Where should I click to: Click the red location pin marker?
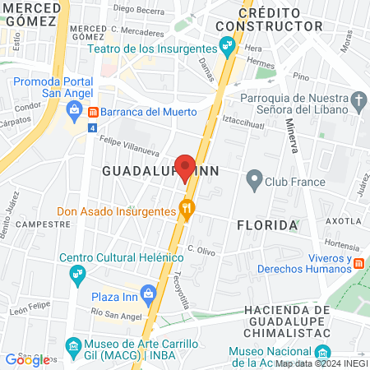[x=185, y=167]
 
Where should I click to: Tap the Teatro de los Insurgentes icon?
[x=223, y=48]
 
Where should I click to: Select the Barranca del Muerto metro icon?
[x=94, y=112]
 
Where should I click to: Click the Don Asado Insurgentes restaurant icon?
[x=187, y=210]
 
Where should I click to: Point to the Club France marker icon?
[x=254, y=178]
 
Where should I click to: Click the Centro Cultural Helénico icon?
[x=77, y=275]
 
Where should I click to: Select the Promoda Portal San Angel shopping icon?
[x=75, y=109]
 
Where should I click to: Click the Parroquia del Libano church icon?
[x=358, y=101]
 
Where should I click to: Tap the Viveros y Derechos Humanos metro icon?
[x=359, y=262]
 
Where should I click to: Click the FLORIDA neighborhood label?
[x=266, y=224]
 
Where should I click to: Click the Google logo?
[x=27, y=359]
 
